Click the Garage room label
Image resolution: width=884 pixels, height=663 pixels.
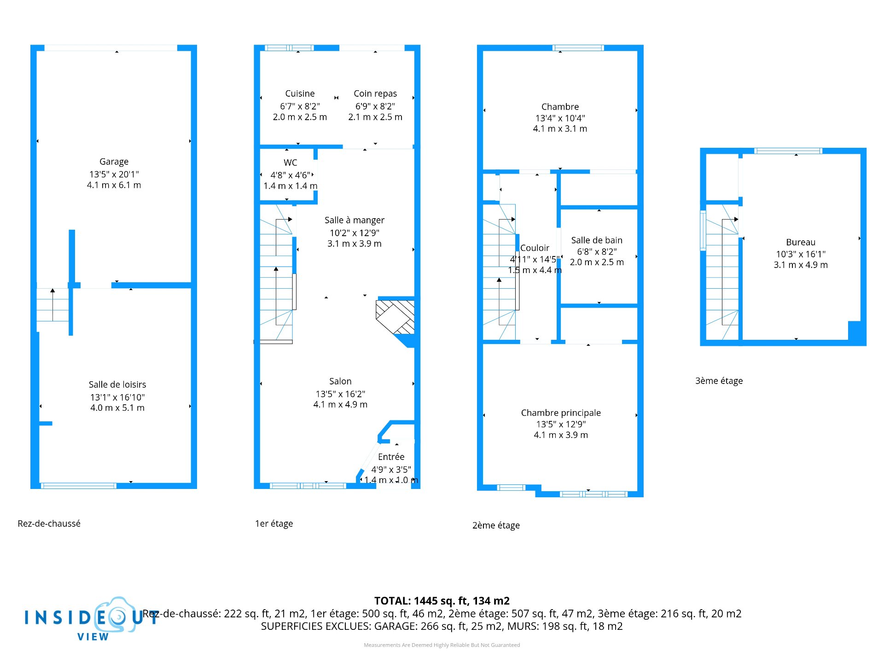114,162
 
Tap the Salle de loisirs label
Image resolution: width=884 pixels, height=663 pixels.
117,384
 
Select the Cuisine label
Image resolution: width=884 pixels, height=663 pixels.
300,93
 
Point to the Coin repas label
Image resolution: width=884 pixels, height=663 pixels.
375,93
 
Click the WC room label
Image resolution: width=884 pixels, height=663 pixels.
291,163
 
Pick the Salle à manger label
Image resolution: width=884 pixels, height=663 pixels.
355,220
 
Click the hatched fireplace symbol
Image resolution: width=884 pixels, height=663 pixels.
395,317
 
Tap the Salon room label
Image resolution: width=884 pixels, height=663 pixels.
340,381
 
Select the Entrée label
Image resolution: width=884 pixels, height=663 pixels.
391,457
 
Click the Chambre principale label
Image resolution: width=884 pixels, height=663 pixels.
561,413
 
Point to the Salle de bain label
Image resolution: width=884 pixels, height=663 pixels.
597,240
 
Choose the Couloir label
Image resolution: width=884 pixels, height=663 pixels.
535,248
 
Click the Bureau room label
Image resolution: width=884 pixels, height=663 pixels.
801,242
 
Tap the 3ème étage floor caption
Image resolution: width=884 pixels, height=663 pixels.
719,381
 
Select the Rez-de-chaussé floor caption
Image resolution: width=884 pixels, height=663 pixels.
49,523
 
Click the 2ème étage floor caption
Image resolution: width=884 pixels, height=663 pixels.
496,525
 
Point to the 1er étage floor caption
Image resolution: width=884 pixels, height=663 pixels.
274,523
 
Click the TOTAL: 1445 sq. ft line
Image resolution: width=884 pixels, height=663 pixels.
442,601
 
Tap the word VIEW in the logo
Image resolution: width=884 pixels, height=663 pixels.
93,637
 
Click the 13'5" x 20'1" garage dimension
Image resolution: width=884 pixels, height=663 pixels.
114,174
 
